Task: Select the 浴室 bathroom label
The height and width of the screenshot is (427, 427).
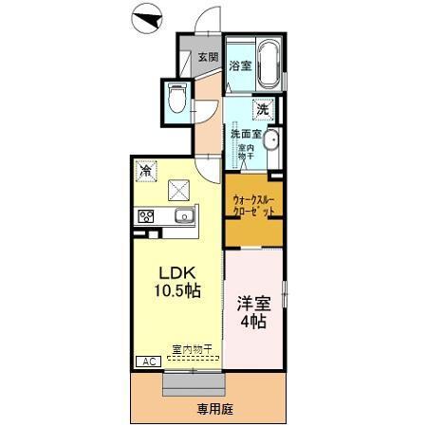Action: pos(240,65)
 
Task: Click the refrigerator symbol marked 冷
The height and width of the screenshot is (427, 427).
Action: pos(146,172)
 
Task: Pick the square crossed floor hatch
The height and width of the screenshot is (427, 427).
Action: pos(180,189)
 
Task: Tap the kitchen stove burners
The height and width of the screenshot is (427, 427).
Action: pos(147,216)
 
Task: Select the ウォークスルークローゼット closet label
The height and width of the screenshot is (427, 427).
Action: pos(254,207)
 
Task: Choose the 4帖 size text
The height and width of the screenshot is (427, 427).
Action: pos(252,323)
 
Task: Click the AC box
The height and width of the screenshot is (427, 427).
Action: pos(149,361)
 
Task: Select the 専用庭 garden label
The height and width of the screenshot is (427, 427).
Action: pos(213,409)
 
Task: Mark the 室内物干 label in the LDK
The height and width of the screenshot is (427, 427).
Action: pos(192,348)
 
